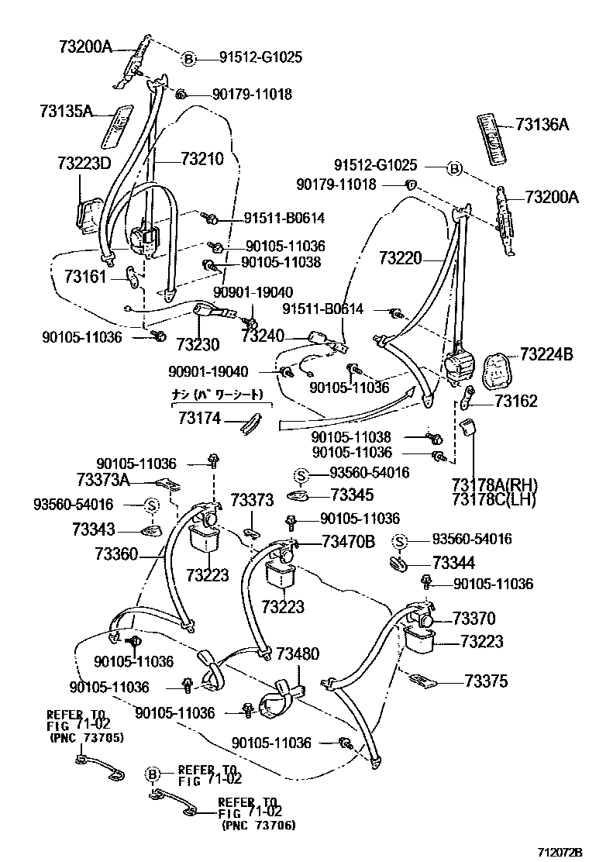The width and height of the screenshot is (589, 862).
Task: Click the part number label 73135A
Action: (65, 111)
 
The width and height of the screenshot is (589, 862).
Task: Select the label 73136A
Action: (542, 124)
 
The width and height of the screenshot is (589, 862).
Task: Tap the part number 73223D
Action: (84, 163)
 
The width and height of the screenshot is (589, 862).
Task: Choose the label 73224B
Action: (546, 354)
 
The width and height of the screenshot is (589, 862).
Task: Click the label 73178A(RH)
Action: (494, 485)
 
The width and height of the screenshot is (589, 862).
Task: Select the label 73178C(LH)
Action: (494, 499)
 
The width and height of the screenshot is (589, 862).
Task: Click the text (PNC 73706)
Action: (257, 826)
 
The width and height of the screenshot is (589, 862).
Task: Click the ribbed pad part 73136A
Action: (494, 137)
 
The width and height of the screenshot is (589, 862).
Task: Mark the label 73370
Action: (474, 619)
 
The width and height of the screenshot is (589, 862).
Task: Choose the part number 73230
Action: (198, 343)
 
